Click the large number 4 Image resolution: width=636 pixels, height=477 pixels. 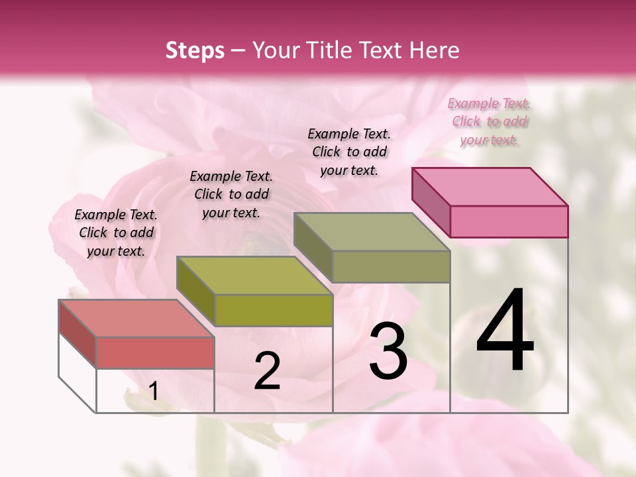505,331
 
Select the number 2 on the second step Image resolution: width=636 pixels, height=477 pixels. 267,371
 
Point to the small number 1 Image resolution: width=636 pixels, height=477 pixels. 154,392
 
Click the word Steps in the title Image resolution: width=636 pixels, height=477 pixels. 195,50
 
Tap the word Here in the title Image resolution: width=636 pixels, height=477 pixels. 435,50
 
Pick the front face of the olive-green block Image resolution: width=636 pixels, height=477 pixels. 274,310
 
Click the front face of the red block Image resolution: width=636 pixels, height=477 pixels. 155,352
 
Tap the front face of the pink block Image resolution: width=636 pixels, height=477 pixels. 509,221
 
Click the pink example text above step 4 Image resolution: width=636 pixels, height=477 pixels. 489,121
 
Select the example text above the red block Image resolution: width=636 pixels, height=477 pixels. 116,233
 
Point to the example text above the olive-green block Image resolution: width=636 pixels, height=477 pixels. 231,194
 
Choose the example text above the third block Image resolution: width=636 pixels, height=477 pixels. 349,152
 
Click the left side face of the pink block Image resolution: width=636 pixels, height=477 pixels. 431,201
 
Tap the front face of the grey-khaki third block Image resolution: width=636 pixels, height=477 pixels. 391,266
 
